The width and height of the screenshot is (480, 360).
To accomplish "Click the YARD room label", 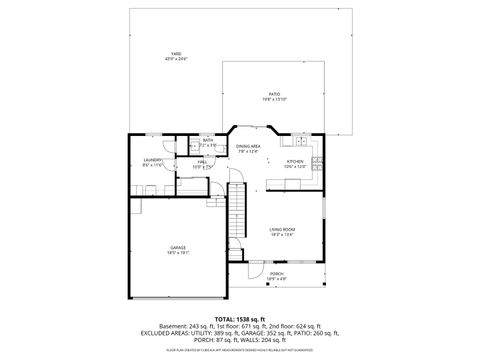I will [x=176, y=53].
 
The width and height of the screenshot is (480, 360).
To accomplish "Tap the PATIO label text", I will [x=274, y=93].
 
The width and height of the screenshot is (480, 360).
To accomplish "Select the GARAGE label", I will [x=177, y=247].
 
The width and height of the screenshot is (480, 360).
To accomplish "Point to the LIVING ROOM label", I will [x=281, y=229].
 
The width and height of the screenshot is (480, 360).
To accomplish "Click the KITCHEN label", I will [x=295, y=161].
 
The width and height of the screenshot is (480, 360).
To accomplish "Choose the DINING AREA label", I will [x=248, y=147].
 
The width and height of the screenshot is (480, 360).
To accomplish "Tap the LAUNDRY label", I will [x=152, y=160].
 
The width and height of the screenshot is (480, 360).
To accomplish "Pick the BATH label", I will [x=208, y=141].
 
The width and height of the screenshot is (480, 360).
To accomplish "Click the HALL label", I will [x=201, y=161].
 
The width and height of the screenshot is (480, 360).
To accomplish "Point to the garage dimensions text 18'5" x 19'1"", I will [x=177, y=253].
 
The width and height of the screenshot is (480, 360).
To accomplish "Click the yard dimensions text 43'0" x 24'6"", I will [x=176, y=59].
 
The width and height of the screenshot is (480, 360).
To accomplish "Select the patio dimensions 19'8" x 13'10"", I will [x=274, y=99].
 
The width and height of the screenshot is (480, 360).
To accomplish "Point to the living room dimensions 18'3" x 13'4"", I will [x=281, y=235].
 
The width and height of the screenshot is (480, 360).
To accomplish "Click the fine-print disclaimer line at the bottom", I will [x=239, y=351].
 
